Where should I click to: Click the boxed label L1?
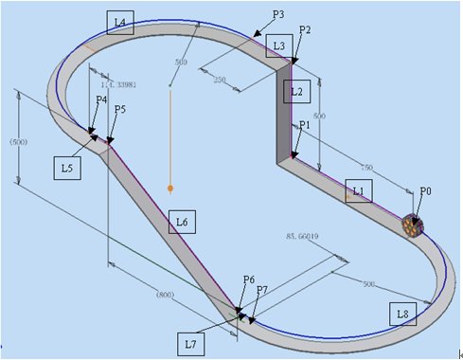357,190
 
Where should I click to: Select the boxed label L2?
296,91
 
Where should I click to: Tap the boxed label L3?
277,45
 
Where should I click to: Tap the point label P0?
426,190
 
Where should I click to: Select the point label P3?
278,15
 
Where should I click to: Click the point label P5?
119,110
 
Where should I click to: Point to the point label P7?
262,288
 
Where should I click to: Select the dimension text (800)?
165,295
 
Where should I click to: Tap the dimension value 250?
220,80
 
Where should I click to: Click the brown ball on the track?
411,225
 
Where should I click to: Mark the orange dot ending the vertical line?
169,188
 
